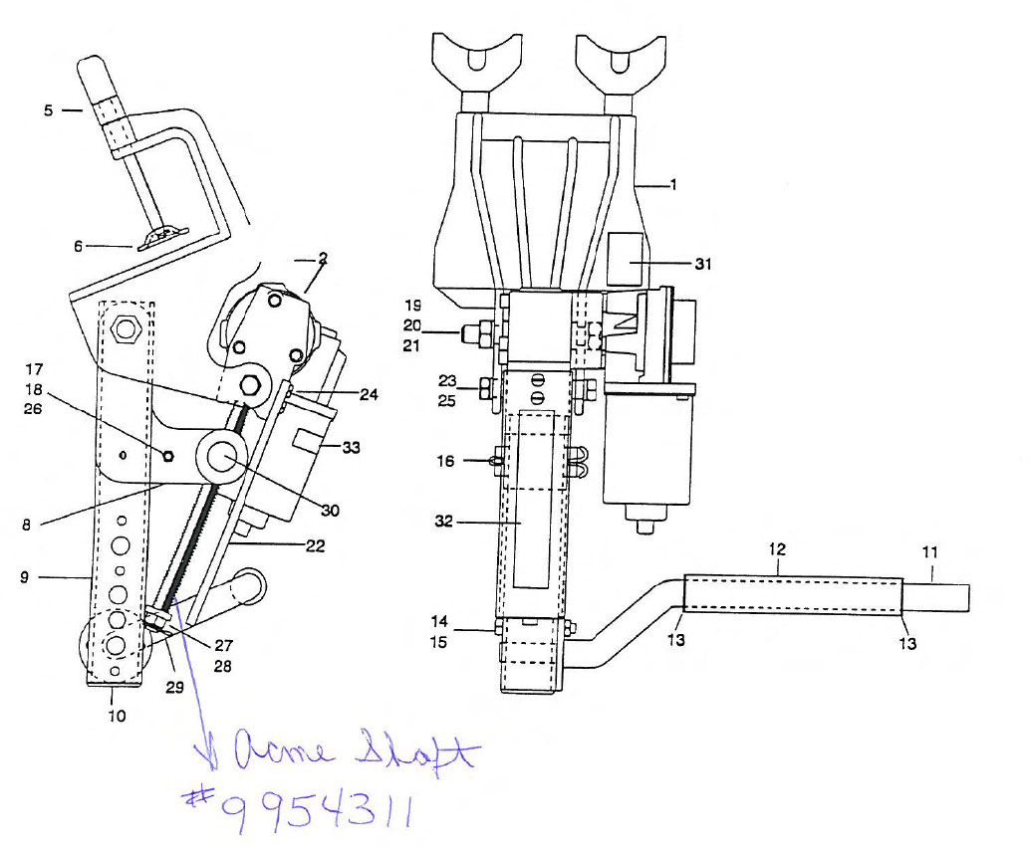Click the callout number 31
click(703, 264)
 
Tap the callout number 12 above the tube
click(777, 549)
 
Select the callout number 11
click(930, 552)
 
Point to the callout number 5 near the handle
click(48, 110)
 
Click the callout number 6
click(78, 246)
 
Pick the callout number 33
click(351, 448)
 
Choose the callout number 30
click(330, 511)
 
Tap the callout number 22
click(316, 545)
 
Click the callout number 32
click(444, 521)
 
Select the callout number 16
click(445, 461)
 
